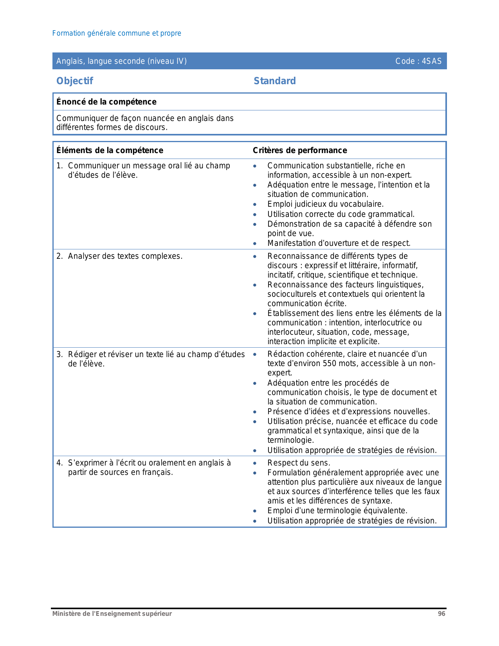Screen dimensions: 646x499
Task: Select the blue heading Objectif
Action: pyautogui.click(x=75, y=81)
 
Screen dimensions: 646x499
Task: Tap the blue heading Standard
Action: pyautogui.click(x=275, y=81)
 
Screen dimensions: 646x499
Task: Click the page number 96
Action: pyautogui.click(x=441, y=614)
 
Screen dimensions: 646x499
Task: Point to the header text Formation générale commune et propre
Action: pyautogui.click(x=117, y=33)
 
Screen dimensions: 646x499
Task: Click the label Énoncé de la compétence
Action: pyautogui.click(x=106, y=102)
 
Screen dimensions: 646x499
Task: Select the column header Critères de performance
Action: pyautogui.click(x=300, y=150)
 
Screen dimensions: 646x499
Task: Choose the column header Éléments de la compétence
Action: pyautogui.click(x=110, y=150)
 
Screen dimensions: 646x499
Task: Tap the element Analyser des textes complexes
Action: pyautogui.click(x=125, y=256)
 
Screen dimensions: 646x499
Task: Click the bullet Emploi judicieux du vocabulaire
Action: pyautogui.click(x=325, y=204)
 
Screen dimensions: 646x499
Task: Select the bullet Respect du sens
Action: pyautogui.click(x=299, y=463)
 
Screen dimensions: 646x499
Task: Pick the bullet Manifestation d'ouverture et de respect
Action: pyautogui.click(x=339, y=244)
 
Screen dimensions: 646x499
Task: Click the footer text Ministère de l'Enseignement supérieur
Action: pyautogui.click(x=112, y=614)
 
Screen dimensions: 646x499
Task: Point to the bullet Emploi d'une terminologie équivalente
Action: pyautogui.click(x=337, y=511)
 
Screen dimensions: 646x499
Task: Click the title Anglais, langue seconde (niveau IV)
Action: pyautogui.click(x=121, y=61)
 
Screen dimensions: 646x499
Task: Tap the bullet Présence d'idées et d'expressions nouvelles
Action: pyautogui.click(x=348, y=412)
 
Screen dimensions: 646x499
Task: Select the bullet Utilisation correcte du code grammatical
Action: pyautogui.click(x=341, y=215)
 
